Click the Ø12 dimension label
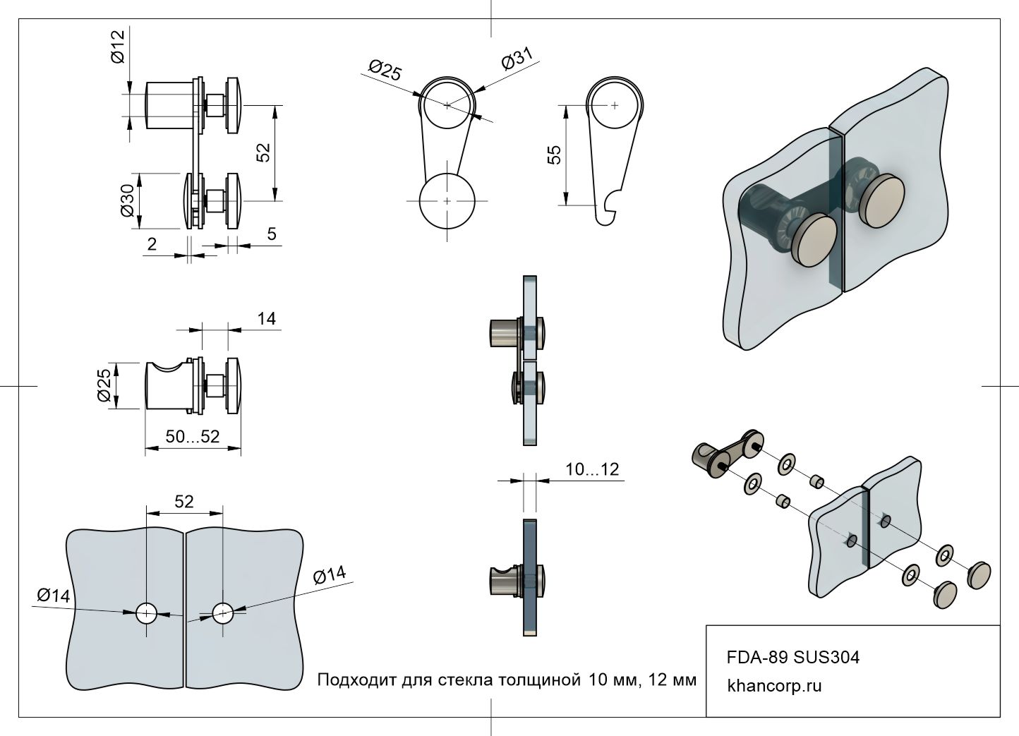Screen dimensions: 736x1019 point(118,47)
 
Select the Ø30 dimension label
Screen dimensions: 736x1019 point(128,201)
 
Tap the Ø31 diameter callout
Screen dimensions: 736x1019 point(517,60)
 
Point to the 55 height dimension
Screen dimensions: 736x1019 point(554,155)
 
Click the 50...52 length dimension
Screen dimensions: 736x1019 point(193,437)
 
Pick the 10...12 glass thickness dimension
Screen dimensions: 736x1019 point(592,469)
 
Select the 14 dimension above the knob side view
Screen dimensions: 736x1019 point(266,319)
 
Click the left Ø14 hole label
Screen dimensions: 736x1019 point(54,596)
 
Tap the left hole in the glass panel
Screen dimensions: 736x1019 point(147,613)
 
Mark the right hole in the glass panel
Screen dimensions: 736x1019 point(223,613)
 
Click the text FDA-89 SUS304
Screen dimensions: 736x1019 point(793,658)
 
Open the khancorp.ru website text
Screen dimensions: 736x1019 point(774,686)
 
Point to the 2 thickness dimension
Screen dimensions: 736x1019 point(152,244)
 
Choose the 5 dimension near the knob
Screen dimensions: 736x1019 point(272,234)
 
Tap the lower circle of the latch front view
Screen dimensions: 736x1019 point(447,201)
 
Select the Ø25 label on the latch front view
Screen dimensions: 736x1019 point(385,70)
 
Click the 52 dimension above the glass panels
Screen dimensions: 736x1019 point(183,501)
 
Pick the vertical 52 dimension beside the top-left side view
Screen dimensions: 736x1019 point(263,153)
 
